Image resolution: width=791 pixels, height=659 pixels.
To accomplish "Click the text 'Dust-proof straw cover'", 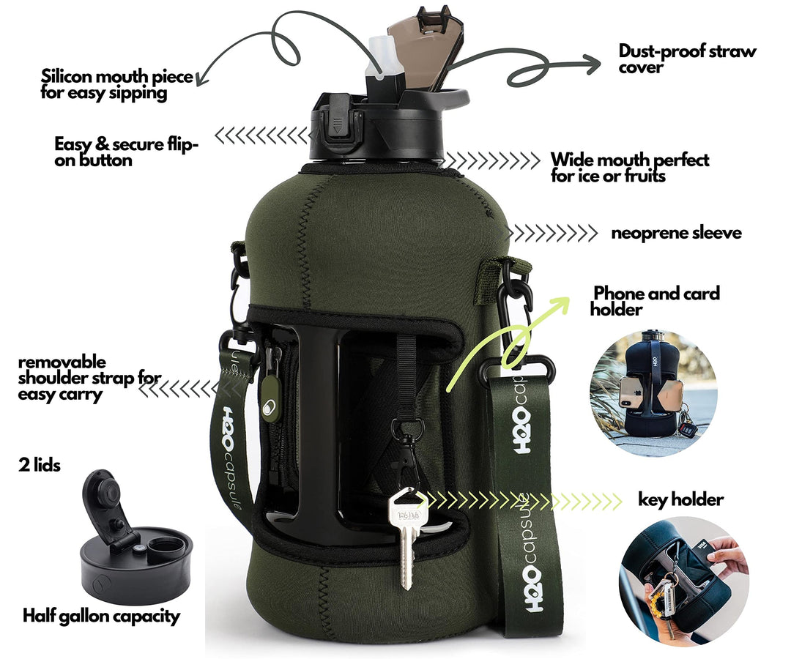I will click(686, 59).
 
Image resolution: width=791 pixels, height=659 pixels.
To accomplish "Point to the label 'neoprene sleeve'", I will click(676, 233).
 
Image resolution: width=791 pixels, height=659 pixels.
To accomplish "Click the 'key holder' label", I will click(680, 499).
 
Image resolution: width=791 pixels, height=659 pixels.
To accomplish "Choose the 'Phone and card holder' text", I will click(656, 301).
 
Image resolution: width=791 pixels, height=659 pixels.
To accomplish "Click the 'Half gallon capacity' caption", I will click(101, 616).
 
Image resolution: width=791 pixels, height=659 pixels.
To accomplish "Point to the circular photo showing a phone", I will click(653, 392).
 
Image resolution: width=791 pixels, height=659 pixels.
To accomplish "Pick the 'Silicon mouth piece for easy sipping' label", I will click(117, 84).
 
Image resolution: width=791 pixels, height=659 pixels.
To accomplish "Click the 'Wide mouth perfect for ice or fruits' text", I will click(630, 168).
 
